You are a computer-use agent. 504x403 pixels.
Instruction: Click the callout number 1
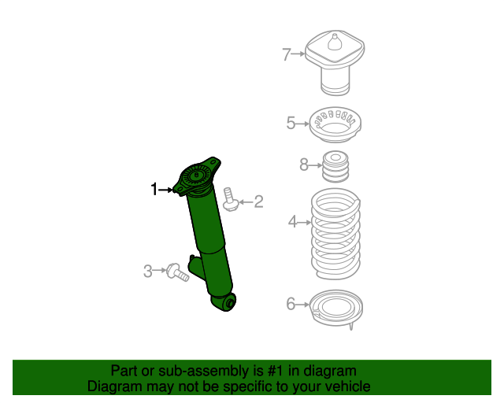(155, 188)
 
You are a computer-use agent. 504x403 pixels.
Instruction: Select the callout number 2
(258, 202)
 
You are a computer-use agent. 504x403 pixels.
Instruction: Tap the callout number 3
(148, 272)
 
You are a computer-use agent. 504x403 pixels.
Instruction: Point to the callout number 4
(293, 223)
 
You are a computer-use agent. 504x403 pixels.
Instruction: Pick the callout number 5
(291, 123)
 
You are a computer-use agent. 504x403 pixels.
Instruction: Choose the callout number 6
(291, 304)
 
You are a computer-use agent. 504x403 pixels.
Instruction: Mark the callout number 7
(287, 54)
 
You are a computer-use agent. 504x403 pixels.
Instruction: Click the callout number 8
(304, 165)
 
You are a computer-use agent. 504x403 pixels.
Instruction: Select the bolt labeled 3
(177, 272)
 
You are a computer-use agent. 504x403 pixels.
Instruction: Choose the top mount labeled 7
(335, 63)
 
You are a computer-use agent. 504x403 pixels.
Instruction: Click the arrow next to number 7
(298, 54)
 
